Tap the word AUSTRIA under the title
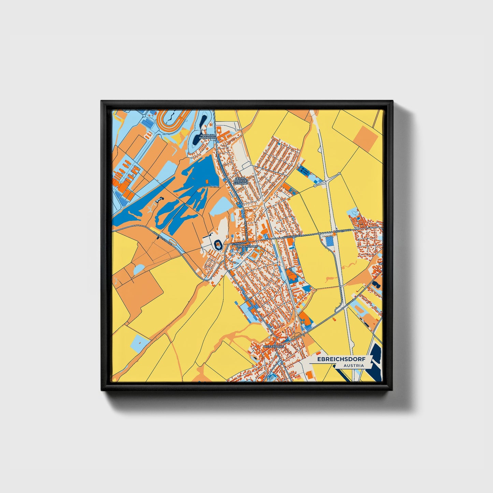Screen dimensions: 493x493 353,366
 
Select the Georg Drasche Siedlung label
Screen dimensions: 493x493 240,180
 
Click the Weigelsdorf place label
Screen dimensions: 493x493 274,346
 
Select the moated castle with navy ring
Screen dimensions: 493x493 218,244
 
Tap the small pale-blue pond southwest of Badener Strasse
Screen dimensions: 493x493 139,270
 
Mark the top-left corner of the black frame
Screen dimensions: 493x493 102,101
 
